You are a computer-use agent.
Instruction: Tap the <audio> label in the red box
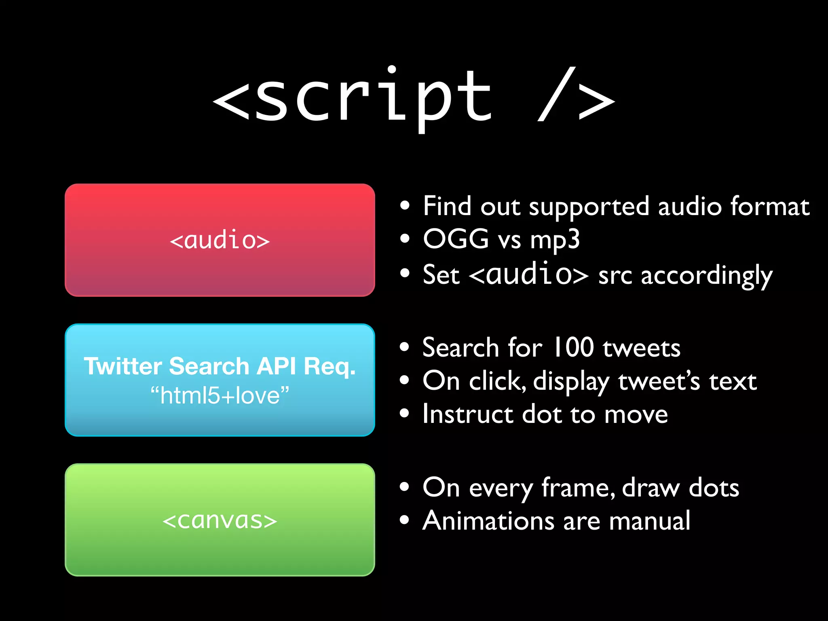point(220,240)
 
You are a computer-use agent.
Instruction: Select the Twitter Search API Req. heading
point(220,366)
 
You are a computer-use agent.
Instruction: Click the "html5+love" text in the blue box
point(220,395)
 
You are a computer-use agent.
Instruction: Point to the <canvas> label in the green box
point(220,520)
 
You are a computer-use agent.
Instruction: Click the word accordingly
point(706,276)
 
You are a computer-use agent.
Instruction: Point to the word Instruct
point(467,414)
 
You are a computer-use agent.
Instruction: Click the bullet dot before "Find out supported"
point(405,206)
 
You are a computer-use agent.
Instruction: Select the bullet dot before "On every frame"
point(404,487)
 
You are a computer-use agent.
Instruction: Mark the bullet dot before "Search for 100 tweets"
point(404,347)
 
